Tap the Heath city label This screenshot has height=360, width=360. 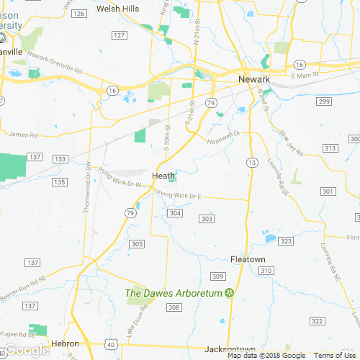point(163,176)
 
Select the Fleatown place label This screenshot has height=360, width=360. point(248,259)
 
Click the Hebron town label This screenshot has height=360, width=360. point(64,344)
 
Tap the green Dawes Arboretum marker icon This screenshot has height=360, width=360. point(230,292)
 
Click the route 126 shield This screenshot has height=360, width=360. point(80,14)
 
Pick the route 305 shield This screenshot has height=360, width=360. point(138,244)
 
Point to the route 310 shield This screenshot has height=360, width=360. point(266,270)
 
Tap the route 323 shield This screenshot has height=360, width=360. point(286,241)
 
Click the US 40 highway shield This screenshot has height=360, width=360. point(110,346)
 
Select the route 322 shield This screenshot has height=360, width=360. point(317,320)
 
